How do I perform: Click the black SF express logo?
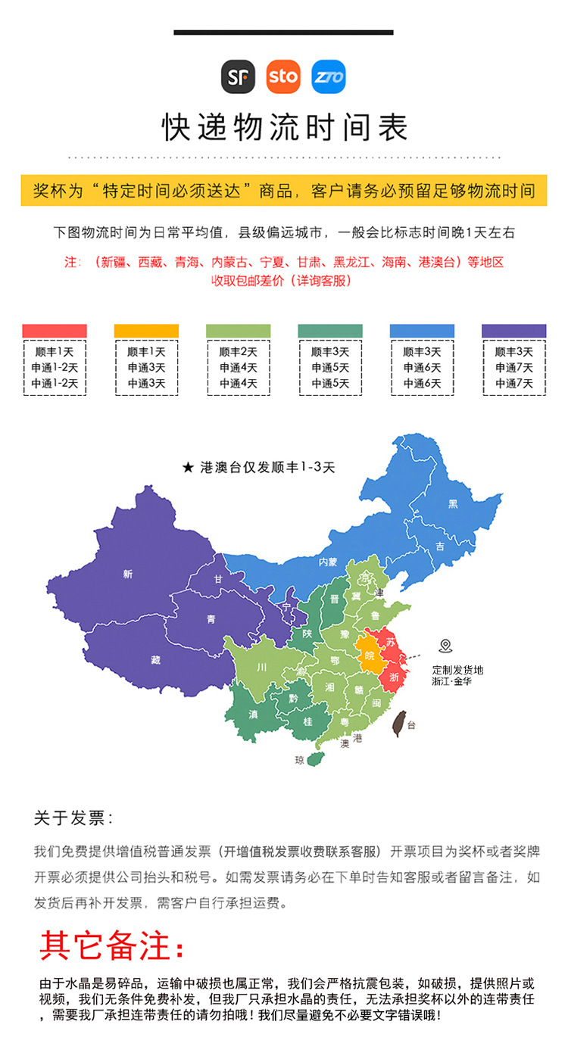click(238, 76)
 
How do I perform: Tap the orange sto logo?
click(283, 76)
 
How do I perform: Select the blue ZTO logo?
click(329, 76)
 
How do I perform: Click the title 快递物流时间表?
click(284, 127)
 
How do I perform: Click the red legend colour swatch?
click(55, 331)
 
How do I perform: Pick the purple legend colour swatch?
click(513, 331)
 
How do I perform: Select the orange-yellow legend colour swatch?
click(146, 331)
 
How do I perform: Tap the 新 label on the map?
click(126, 575)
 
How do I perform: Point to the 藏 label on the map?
click(155, 659)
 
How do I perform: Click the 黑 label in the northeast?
click(453, 503)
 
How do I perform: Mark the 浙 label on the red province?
click(394, 677)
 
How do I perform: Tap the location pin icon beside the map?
click(445, 646)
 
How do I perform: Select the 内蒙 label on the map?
click(327, 562)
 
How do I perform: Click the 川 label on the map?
click(261, 667)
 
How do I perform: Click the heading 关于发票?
click(73, 817)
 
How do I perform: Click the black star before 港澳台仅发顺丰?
click(188, 468)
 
